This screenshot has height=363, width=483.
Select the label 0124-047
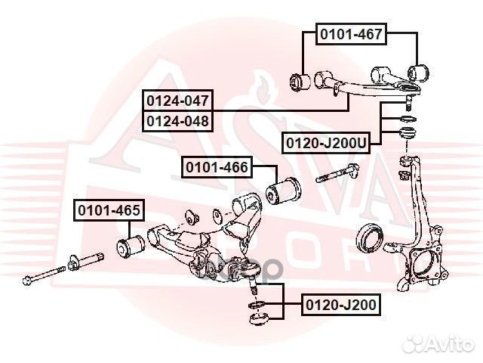click(x=178, y=100)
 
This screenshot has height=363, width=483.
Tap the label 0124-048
click(x=178, y=119)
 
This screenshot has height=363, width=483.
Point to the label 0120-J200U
click(x=326, y=141)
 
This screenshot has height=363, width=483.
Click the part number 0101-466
click(x=216, y=167)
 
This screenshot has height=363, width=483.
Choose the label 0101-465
click(x=107, y=210)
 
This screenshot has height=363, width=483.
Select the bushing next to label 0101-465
click(x=132, y=244)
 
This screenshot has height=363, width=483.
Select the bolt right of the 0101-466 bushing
click(x=337, y=175)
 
